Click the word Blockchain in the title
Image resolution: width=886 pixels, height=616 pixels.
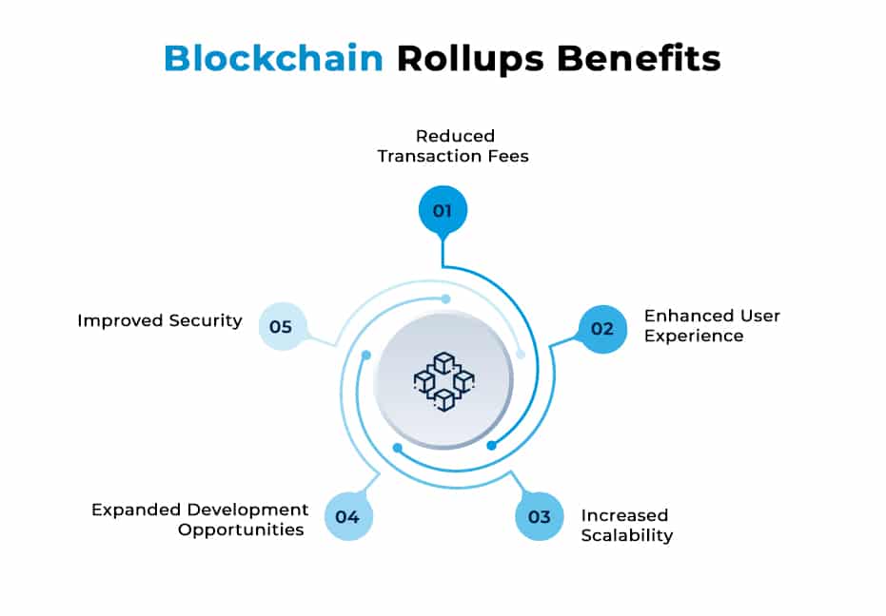pyautogui.click(x=273, y=58)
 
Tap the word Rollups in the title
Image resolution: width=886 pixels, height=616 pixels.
pyautogui.click(x=471, y=58)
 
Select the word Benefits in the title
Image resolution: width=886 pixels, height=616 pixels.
pyautogui.click(x=639, y=58)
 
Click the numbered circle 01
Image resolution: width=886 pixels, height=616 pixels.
pyautogui.click(x=443, y=210)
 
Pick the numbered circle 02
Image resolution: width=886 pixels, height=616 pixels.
pyautogui.click(x=602, y=329)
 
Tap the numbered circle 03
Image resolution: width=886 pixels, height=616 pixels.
pyautogui.click(x=540, y=516)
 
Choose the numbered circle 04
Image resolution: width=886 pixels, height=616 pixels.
pyautogui.click(x=347, y=517)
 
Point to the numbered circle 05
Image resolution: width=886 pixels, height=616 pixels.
pyautogui.click(x=282, y=326)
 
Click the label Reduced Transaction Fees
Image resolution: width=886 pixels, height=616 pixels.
pyautogui.click(x=453, y=145)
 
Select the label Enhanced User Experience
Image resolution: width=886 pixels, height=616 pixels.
pyautogui.click(x=712, y=325)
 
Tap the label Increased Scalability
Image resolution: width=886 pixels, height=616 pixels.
pyautogui.click(x=626, y=525)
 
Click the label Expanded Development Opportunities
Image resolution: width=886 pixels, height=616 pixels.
pyautogui.click(x=200, y=519)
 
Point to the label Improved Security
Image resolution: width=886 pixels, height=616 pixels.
pyautogui.click(x=160, y=320)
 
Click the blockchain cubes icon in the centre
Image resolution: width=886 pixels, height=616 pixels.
pyautogui.click(x=443, y=380)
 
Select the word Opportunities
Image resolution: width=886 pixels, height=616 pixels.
pyautogui.click(x=241, y=529)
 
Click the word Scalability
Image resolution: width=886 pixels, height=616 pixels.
pyautogui.click(x=626, y=535)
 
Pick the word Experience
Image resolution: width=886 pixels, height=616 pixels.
pyautogui.click(x=694, y=336)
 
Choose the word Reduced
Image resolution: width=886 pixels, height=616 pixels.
pyautogui.click(x=455, y=135)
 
